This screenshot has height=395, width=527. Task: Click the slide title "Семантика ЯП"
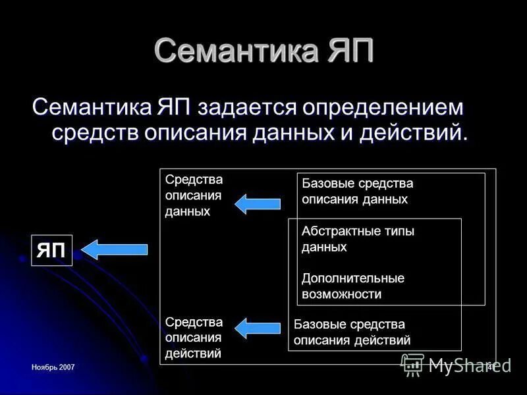[x=263, y=51]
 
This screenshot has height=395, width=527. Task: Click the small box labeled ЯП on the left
[x=51, y=250]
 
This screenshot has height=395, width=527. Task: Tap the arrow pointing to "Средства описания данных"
[x=258, y=203]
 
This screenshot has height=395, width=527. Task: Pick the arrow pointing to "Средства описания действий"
[x=258, y=327]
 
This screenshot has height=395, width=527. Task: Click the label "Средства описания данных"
[x=194, y=196]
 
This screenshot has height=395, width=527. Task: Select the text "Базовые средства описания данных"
[x=357, y=192]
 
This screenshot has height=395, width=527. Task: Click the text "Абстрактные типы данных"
[x=358, y=239]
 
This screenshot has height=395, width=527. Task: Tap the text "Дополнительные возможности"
[x=353, y=286]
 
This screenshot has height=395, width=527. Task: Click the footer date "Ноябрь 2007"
[x=53, y=366]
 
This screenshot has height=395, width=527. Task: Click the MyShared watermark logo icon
[x=412, y=365]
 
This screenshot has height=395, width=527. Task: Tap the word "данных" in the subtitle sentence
[x=296, y=132]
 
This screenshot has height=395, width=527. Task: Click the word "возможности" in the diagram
[x=341, y=294]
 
